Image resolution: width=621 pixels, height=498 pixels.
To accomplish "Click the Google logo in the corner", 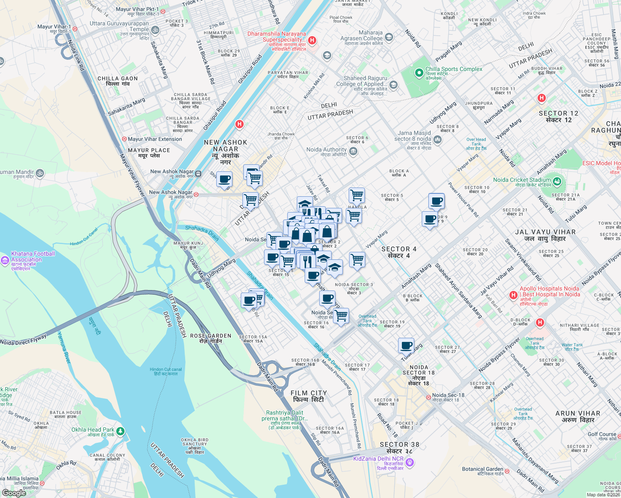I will click(14, 493).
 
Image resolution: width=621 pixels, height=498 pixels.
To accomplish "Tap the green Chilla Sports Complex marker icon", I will click(419, 73).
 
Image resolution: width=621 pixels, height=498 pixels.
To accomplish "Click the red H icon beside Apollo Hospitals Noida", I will click(513, 295).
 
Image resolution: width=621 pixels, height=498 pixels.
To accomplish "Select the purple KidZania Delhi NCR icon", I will click(410, 462).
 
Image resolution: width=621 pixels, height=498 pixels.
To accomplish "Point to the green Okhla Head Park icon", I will click(120, 431).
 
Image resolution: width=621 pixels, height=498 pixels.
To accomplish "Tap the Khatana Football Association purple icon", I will click(5, 260).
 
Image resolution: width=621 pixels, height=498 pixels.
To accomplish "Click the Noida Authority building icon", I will click(353, 151).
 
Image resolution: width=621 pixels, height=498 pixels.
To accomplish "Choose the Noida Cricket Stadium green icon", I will click(557, 181).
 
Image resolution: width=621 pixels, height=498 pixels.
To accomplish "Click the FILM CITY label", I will click(308, 393).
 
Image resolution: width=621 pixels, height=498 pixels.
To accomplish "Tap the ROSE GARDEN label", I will click(210, 336).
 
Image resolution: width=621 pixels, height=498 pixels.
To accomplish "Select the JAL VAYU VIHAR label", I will click(545, 232).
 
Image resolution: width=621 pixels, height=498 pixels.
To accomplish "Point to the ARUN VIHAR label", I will click(577, 413).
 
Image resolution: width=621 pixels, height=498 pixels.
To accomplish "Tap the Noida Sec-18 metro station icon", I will click(428, 398).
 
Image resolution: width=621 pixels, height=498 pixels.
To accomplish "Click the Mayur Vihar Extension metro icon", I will click(124, 139).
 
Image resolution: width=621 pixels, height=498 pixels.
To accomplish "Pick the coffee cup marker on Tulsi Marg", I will click(406, 345).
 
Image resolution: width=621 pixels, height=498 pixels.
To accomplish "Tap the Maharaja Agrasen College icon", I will click(389, 37).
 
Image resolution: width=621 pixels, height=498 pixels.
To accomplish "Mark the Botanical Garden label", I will click(482, 469).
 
